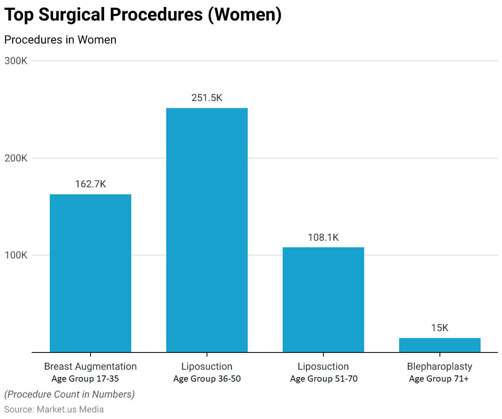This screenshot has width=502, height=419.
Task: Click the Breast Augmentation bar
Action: pos(91,273)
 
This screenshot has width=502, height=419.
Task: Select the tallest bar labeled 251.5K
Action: pos(207,230)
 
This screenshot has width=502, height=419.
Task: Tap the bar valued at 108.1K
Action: pos(323,300)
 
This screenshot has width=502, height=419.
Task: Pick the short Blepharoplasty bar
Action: pos(440,345)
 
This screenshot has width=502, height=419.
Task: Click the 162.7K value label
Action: pos(91,184)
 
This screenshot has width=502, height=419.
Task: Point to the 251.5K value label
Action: pos(207,98)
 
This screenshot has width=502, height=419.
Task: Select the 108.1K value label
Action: pos(323,237)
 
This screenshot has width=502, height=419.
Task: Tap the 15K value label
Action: pos(440,328)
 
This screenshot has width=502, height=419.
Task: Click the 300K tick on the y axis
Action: pos(16,61)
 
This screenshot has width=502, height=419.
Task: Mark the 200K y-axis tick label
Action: pos(16,158)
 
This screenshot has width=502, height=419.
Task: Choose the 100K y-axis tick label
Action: pos(16,255)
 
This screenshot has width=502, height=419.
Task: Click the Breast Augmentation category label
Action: pos(91,366)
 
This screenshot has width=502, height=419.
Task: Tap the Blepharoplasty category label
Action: pos(440,366)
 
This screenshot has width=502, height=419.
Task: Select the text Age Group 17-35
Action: pos(85,379)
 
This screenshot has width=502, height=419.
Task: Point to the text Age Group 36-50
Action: pos(207,379)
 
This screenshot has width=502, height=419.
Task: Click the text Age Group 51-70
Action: pos(324,379)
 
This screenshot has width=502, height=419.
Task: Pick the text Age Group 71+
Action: pos(439,379)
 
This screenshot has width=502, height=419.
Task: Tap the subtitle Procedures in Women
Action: pos(60,40)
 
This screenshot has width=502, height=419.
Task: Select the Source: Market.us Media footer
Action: pos(54,409)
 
